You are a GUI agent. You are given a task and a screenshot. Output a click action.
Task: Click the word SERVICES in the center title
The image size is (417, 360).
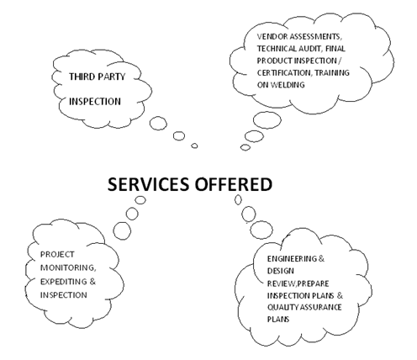(x=148, y=184)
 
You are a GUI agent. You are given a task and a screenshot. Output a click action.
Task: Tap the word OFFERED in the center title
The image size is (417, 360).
(x=234, y=184)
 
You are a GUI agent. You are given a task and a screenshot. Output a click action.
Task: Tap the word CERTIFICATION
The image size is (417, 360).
(x=284, y=72)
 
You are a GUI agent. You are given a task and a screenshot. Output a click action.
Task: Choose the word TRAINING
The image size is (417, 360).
(x=332, y=72)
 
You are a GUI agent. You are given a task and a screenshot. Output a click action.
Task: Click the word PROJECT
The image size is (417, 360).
(x=57, y=254)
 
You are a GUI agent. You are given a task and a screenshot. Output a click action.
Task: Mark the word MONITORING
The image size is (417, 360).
(x=68, y=268)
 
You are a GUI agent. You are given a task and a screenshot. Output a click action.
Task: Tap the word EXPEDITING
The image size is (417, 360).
(x=64, y=281)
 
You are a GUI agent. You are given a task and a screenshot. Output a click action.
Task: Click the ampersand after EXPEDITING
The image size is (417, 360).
(x=92, y=281)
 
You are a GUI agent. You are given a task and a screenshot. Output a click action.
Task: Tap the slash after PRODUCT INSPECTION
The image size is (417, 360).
(x=340, y=61)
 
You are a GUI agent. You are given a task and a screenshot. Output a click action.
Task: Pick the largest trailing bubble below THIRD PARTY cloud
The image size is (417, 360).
(x=158, y=123)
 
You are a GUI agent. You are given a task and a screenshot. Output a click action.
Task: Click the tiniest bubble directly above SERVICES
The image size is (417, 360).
(x=194, y=146)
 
